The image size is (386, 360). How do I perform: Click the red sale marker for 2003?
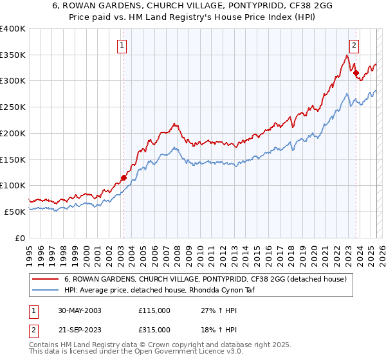124,177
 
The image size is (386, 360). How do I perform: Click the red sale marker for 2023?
356,73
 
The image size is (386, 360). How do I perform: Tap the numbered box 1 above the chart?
122,45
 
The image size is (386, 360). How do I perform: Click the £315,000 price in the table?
154,330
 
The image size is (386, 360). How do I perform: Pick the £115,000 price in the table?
154,310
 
